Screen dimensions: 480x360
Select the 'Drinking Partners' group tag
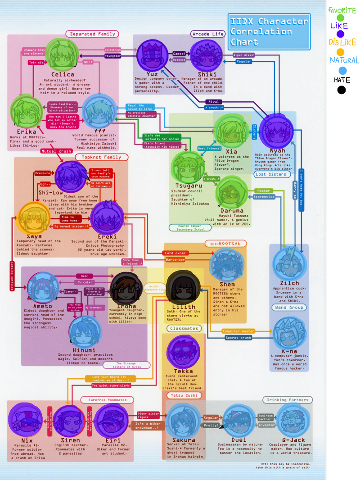[288, 399]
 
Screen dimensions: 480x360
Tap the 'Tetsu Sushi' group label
[184, 395]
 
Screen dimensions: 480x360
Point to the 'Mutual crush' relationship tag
[56, 151]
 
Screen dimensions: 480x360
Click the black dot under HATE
[342, 90]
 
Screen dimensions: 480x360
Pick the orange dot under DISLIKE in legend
[341, 52]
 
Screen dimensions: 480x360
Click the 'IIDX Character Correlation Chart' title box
[269, 32]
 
